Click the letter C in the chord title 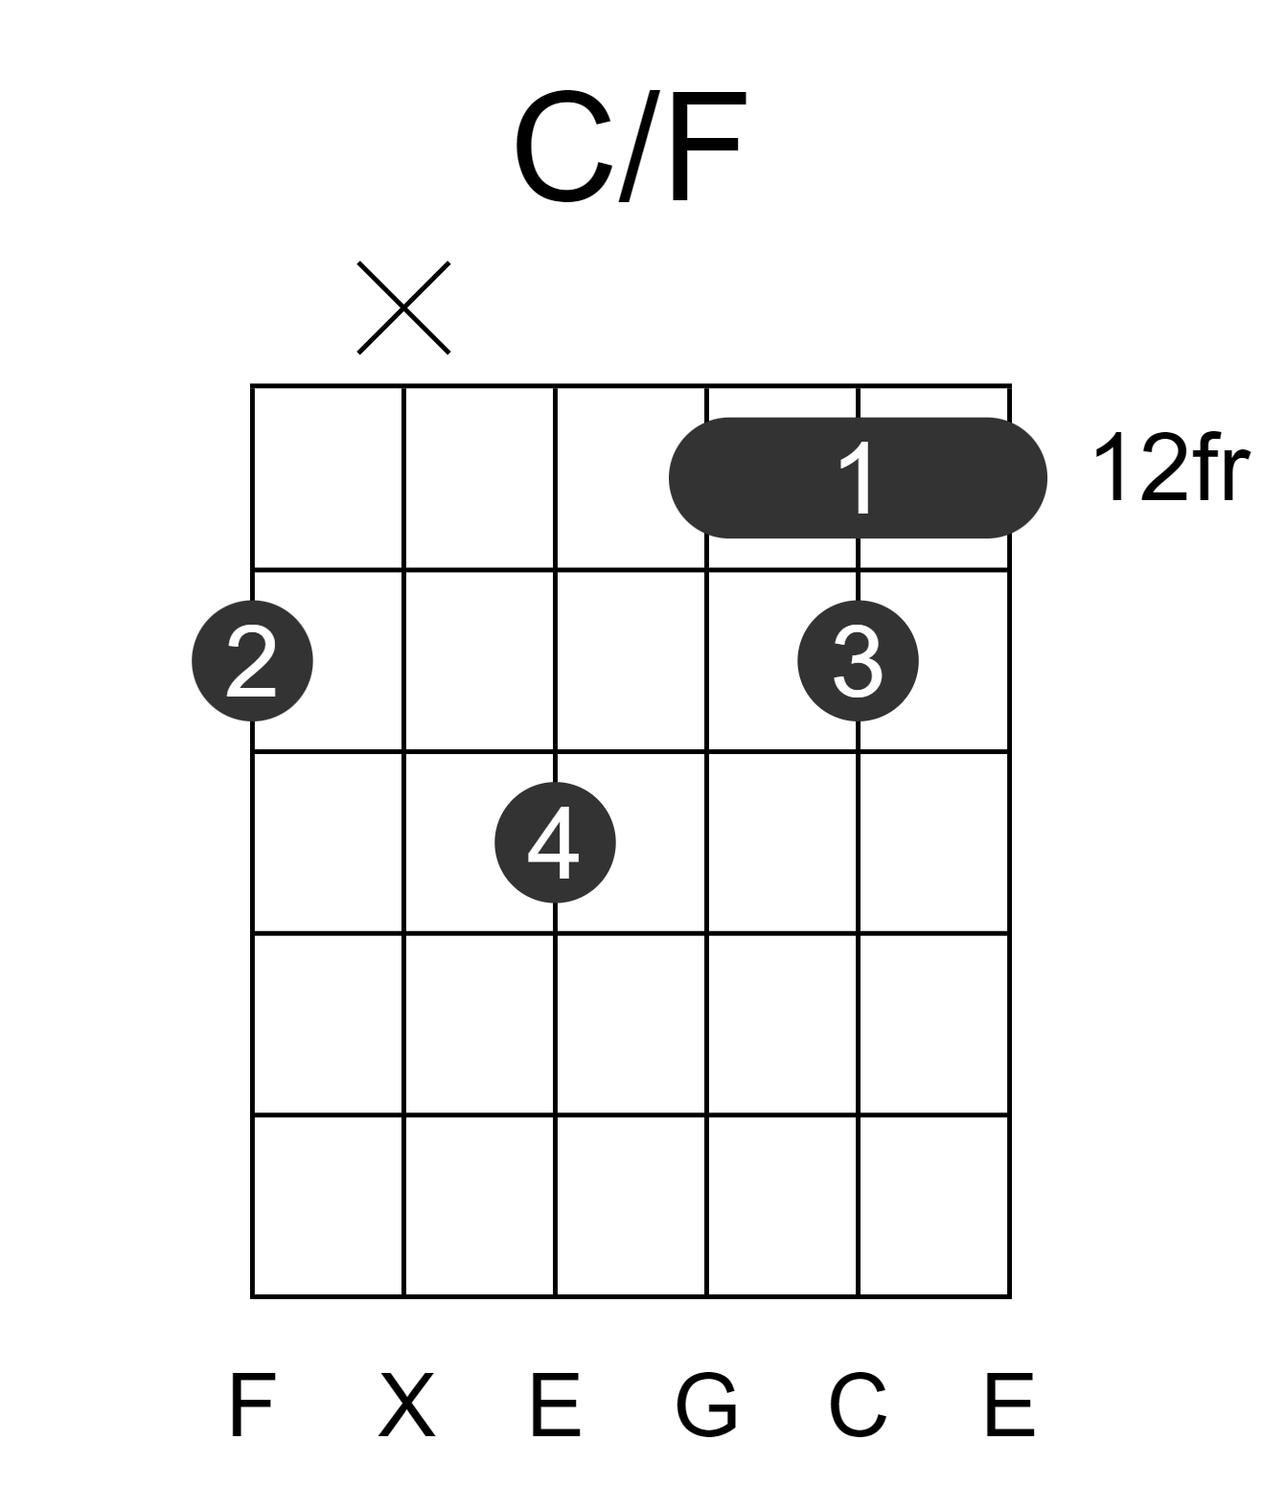pyautogui.click(x=564, y=146)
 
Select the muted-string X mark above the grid pyautogui.click(x=403, y=308)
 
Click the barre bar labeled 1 pyautogui.click(x=858, y=478)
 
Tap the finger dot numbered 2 pyautogui.click(x=252, y=661)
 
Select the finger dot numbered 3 pyautogui.click(x=858, y=661)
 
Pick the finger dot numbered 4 pyautogui.click(x=555, y=842)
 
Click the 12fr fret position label pyautogui.click(x=1170, y=469)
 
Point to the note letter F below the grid pyautogui.click(x=252, y=1405)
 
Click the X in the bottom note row pyautogui.click(x=406, y=1405)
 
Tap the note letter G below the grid pyautogui.click(x=707, y=1405)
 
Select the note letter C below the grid pyautogui.click(x=858, y=1405)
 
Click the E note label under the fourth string pyautogui.click(x=555, y=1405)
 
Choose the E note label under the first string pyautogui.click(x=1010, y=1405)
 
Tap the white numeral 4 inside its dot pyautogui.click(x=554, y=842)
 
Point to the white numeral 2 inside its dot pyautogui.click(x=252, y=661)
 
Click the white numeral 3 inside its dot pyautogui.click(x=858, y=661)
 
